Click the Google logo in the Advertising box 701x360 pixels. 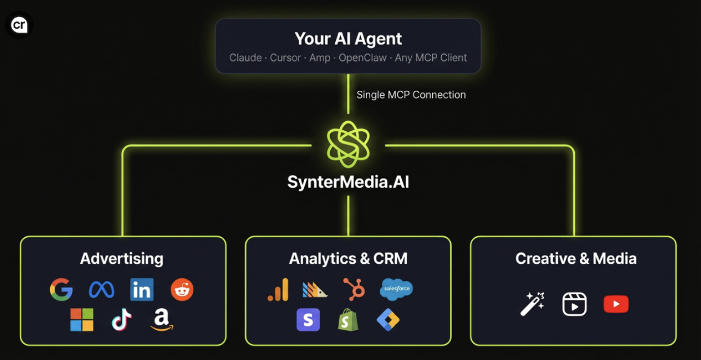[x=61, y=290]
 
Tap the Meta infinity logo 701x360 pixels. [x=101, y=290]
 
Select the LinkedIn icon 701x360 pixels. [x=142, y=290]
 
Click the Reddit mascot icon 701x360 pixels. [x=182, y=290]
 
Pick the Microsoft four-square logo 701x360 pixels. [x=82, y=320]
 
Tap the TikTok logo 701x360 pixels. [x=122, y=320]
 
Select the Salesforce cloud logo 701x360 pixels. [x=396, y=290]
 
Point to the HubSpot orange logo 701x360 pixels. [x=354, y=290]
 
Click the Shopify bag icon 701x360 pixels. [x=348, y=320]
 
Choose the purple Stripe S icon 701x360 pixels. [x=308, y=320]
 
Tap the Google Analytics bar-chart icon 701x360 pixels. [x=278, y=290]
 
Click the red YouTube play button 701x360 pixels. [x=616, y=304]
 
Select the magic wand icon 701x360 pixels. [x=532, y=304]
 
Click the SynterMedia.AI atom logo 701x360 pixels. [x=348, y=145]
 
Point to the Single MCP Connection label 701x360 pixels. [x=411, y=95]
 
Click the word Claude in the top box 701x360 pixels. [x=246, y=58]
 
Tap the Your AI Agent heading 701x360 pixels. [x=348, y=39]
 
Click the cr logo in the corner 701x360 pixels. [x=19, y=25]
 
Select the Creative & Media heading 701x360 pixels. [x=576, y=259]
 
